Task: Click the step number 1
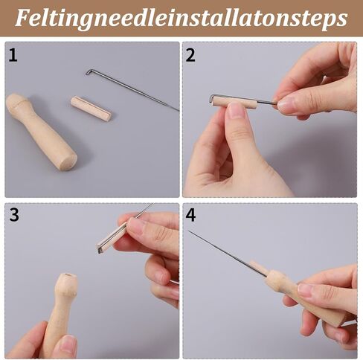[x=13, y=56]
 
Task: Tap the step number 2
[x=190, y=55]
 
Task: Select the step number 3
[x=14, y=215]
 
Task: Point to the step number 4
[x=190, y=215]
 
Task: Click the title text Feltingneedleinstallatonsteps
[x=181, y=18]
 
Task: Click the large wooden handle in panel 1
[x=41, y=132]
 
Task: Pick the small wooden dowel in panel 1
[x=91, y=109]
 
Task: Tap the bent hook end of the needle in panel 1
[x=89, y=72]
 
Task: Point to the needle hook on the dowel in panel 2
[x=213, y=97]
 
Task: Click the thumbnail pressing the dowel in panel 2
[x=236, y=110]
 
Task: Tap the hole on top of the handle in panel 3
[x=68, y=275]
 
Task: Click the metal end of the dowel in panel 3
[x=99, y=248]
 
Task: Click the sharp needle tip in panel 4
[x=188, y=231]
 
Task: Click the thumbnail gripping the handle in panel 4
[x=308, y=289]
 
